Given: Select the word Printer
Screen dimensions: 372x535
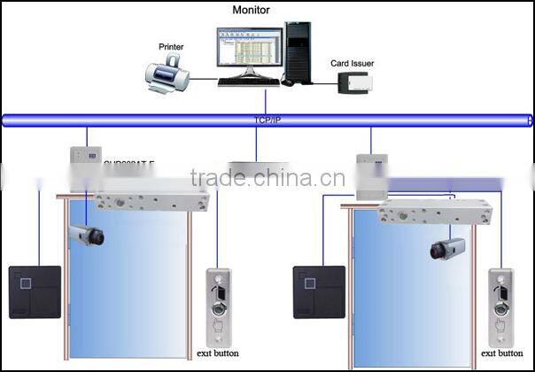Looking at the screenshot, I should [171, 46].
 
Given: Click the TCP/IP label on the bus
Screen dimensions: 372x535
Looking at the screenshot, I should [267, 119].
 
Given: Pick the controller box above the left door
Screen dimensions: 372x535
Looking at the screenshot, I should [84, 163].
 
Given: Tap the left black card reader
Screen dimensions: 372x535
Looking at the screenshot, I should [35, 291].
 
